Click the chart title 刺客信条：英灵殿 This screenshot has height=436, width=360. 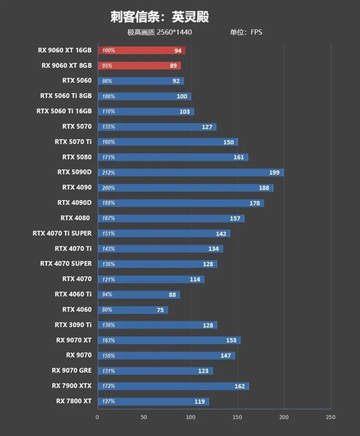(x=160, y=17)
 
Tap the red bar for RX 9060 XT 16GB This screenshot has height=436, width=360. (x=141, y=50)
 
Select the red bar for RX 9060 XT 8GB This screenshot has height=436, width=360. (x=139, y=66)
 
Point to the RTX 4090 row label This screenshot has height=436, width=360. (x=77, y=187)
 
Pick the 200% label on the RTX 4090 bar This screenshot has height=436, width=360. (x=108, y=188)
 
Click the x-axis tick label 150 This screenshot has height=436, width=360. (x=237, y=418)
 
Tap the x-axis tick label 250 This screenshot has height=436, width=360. (x=330, y=418)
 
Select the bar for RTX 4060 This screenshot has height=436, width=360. (x=133, y=310)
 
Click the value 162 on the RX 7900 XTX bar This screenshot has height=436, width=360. (x=239, y=386)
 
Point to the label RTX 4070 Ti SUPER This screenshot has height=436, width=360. (x=62, y=233)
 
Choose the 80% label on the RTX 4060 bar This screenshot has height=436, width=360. (x=107, y=310)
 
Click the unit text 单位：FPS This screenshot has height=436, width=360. (x=246, y=32)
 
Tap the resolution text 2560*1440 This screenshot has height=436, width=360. (x=175, y=32)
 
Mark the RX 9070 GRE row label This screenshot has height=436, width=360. (x=72, y=370)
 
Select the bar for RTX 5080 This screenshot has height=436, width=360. (x=173, y=157)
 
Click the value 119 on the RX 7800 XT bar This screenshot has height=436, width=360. (x=199, y=401)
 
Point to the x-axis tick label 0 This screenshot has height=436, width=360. (x=97, y=418)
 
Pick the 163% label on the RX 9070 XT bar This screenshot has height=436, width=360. (x=108, y=340)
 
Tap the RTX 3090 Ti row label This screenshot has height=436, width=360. (x=73, y=325)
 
